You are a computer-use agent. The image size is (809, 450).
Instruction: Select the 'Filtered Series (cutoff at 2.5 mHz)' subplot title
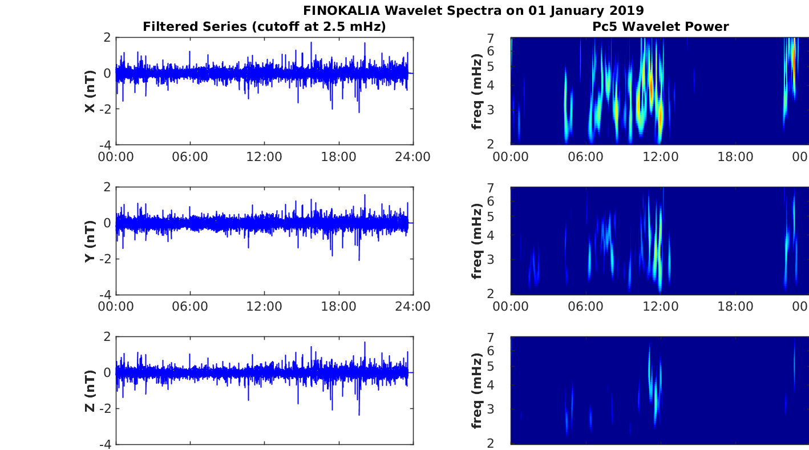tap(264, 27)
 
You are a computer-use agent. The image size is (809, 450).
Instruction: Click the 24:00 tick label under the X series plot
tap(413, 156)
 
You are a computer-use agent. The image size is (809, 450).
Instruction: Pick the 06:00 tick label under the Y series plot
tap(190, 307)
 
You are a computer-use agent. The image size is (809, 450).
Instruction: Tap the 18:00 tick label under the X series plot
tap(339, 156)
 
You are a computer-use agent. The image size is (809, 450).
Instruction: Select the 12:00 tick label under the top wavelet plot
tap(661, 156)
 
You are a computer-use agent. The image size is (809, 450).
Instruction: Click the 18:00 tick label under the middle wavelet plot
tap(735, 307)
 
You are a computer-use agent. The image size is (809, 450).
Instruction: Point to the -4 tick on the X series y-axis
tap(107, 145)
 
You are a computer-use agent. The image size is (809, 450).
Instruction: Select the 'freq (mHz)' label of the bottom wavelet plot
tap(478, 391)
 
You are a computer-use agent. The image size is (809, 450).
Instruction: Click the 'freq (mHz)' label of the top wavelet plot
tap(478, 91)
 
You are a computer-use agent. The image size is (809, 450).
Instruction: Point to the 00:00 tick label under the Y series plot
tap(116, 307)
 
